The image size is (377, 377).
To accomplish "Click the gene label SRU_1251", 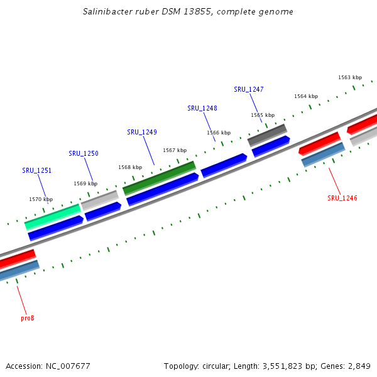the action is pyautogui.click(x=36, y=170).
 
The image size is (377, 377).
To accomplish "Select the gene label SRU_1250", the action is pyautogui.click(x=83, y=153).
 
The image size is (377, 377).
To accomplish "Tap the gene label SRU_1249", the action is pyautogui.click(x=141, y=132).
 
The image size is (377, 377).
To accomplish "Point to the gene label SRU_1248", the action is pyautogui.click(x=202, y=108).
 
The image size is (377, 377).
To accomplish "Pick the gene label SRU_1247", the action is pyautogui.click(x=248, y=89).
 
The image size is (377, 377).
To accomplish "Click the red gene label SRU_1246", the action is pyautogui.click(x=342, y=198).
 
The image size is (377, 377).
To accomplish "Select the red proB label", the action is pyautogui.click(x=27, y=318).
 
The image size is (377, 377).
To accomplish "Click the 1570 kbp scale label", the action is pyautogui.click(x=41, y=199).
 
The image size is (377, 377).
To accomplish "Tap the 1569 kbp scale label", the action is pyautogui.click(x=85, y=183).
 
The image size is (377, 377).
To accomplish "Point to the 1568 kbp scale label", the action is pyautogui.click(x=130, y=167).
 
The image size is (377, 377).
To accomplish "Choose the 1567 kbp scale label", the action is pyautogui.click(x=175, y=150).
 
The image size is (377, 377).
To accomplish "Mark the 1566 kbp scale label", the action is pyautogui.click(x=219, y=133).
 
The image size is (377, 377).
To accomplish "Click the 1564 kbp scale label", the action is pyautogui.click(x=306, y=96).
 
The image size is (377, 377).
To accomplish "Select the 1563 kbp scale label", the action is pyautogui.click(x=350, y=77).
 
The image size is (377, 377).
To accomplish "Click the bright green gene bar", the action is pyautogui.click(x=53, y=216).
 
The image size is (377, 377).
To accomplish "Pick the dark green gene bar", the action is pyautogui.click(x=160, y=178).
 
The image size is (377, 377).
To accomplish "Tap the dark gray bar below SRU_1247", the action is pyautogui.click(x=267, y=135).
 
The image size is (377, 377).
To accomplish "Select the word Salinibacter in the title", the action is pyautogui.click(x=107, y=12).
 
